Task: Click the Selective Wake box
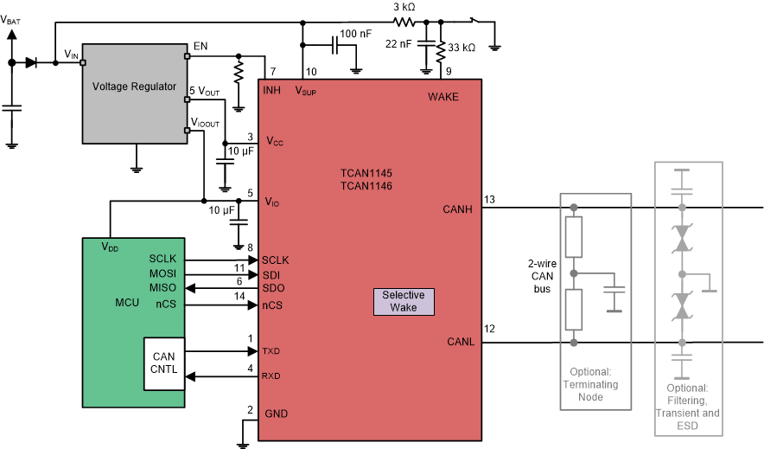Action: [404, 300]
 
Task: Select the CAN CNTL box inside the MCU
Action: [163, 363]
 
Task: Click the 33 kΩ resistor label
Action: [462, 48]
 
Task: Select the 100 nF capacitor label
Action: [357, 34]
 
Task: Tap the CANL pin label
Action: [461, 342]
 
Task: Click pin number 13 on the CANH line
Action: [489, 200]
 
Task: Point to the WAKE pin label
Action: [443, 96]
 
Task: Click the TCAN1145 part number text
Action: [366, 173]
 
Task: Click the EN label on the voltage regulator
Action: [201, 46]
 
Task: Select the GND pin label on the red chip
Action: [275, 414]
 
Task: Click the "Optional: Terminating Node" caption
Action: [594, 383]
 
